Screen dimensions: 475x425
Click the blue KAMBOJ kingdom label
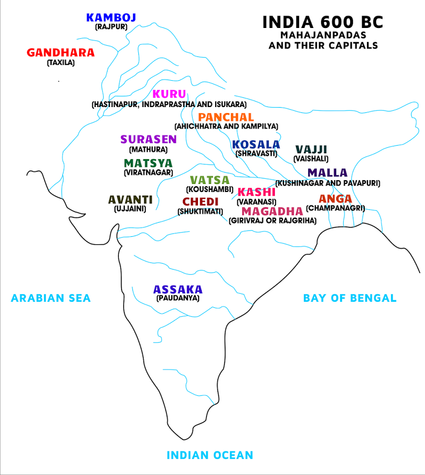click(x=111, y=18)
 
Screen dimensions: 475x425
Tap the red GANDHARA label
click(x=60, y=53)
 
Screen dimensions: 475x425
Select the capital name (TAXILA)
click(x=60, y=62)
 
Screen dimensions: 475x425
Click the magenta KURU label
click(x=169, y=94)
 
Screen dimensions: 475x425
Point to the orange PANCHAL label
click(x=226, y=117)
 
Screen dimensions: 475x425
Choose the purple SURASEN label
click(x=148, y=140)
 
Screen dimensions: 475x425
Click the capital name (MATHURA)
click(x=148, y=150)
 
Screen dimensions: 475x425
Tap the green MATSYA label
click(x=148, y=163)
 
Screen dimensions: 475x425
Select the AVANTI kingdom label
click(x=130, y=200)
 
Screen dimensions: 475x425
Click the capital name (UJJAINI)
click(x=130, y=209)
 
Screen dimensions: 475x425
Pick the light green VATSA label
click(x=209, y=180)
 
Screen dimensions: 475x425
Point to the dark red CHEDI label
click(x=200, y=202)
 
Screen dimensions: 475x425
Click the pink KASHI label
click(x=257, y=192)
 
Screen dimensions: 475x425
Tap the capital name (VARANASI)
click(x=257, y=202)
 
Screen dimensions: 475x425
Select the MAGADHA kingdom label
click(x=272, y=211)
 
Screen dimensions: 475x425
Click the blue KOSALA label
click(x=256, y=145)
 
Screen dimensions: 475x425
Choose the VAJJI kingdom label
click(x=311, y=150)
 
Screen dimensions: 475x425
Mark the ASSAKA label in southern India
click(x=178, y=289)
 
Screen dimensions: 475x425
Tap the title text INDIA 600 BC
click(x=323, y=23)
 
